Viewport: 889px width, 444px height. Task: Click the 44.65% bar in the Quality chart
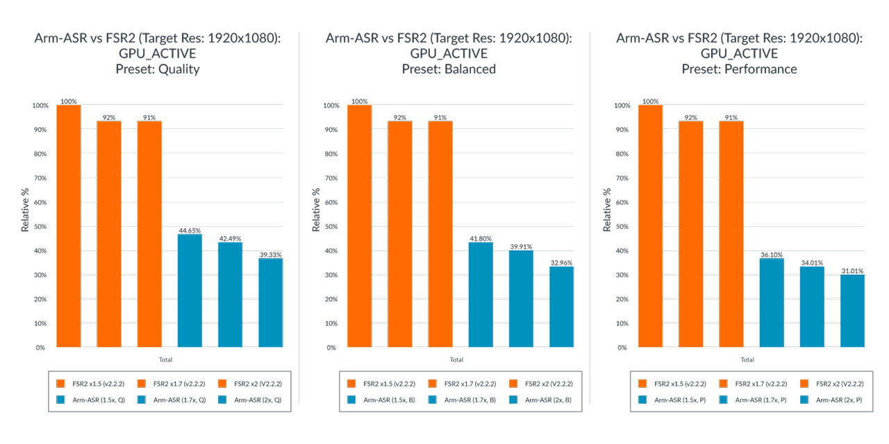pos(190,291)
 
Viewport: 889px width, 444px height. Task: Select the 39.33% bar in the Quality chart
pos(270,302)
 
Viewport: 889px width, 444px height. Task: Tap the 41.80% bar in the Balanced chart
pos(481,294)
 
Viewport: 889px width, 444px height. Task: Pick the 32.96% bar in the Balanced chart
pos(561,307)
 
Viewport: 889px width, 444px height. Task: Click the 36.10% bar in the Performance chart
pos(771,302)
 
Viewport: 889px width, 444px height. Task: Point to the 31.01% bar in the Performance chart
pos(852,311)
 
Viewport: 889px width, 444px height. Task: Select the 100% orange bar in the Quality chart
pos(68,226)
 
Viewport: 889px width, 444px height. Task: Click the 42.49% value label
pos(230,239)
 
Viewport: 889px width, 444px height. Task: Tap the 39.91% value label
pos(521,246)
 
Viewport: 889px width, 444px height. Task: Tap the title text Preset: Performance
pos(739,69)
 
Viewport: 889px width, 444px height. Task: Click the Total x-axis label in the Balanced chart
pos(456,360)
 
